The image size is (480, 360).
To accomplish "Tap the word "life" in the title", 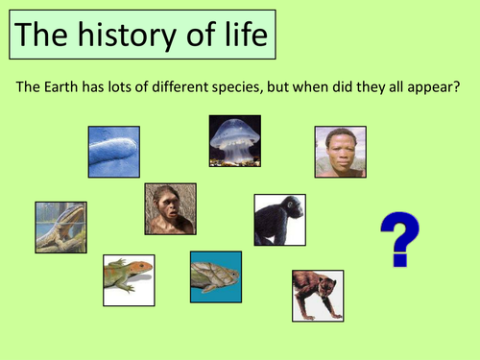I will tap(236, 37).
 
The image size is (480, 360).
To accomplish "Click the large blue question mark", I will tap(398, 240).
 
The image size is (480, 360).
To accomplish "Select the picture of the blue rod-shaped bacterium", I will tap(113, 152).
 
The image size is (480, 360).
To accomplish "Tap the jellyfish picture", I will tap(235, 140).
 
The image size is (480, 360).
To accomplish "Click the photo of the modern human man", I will tap(341, 152).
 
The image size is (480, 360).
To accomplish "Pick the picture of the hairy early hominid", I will tap(170, 209).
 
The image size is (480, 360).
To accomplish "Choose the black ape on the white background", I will tap(279, 220).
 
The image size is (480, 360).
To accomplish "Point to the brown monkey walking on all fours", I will tap(317, 295).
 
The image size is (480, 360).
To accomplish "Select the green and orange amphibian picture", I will tap(129, 279).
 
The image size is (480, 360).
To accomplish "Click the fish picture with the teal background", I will tap(215, 276).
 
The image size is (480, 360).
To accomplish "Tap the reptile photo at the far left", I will tap(60, 228).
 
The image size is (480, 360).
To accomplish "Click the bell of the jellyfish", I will tap(235, 131).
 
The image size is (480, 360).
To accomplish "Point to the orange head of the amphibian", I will tap(142, 266).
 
